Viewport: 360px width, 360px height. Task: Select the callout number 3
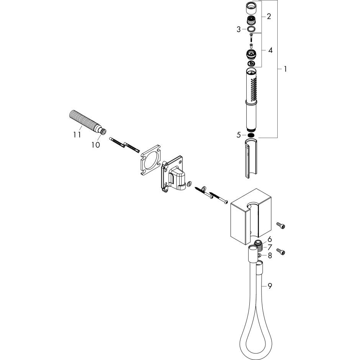point(238,29)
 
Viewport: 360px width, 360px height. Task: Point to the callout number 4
point(270,50)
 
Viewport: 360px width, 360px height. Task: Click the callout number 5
point(239,134)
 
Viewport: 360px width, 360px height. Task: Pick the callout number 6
point(270,239)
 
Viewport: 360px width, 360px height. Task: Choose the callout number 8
point(270,255)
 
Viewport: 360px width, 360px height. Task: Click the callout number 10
point(95,144)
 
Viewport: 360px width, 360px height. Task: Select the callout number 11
point(77,134)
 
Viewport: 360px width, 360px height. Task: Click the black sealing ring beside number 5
point(251,134)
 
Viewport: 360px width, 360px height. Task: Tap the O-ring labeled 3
point(250,29)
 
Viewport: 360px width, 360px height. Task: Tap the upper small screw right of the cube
point(281,226)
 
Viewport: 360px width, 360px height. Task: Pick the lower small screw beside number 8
point(281,252)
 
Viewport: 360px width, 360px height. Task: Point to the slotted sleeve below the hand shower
point(250,159)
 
